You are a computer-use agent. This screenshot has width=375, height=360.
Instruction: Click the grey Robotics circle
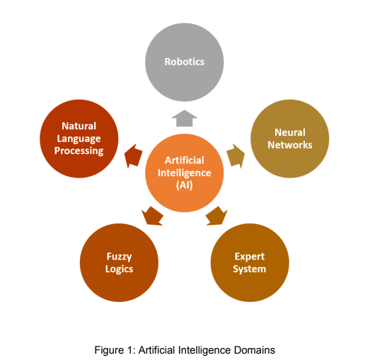(184, 62)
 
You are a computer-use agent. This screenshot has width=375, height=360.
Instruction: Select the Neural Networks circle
(291, 139)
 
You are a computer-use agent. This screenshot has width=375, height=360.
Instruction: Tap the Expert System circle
(250, 262)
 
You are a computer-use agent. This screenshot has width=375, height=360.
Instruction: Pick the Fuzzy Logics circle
(120, 262)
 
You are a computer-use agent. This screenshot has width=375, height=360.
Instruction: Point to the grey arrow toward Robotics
(184, 117)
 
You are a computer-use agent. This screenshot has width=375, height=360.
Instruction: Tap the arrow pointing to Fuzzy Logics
(152, 216)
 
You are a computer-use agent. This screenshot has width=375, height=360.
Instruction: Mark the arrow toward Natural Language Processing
(132, 156)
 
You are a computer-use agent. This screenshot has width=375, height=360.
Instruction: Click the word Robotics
(184, 62)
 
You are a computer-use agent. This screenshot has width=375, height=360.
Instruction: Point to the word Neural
(291, 132)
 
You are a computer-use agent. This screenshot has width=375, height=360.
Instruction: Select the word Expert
(250, 256)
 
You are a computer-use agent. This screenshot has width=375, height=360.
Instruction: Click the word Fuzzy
(120, 256)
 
